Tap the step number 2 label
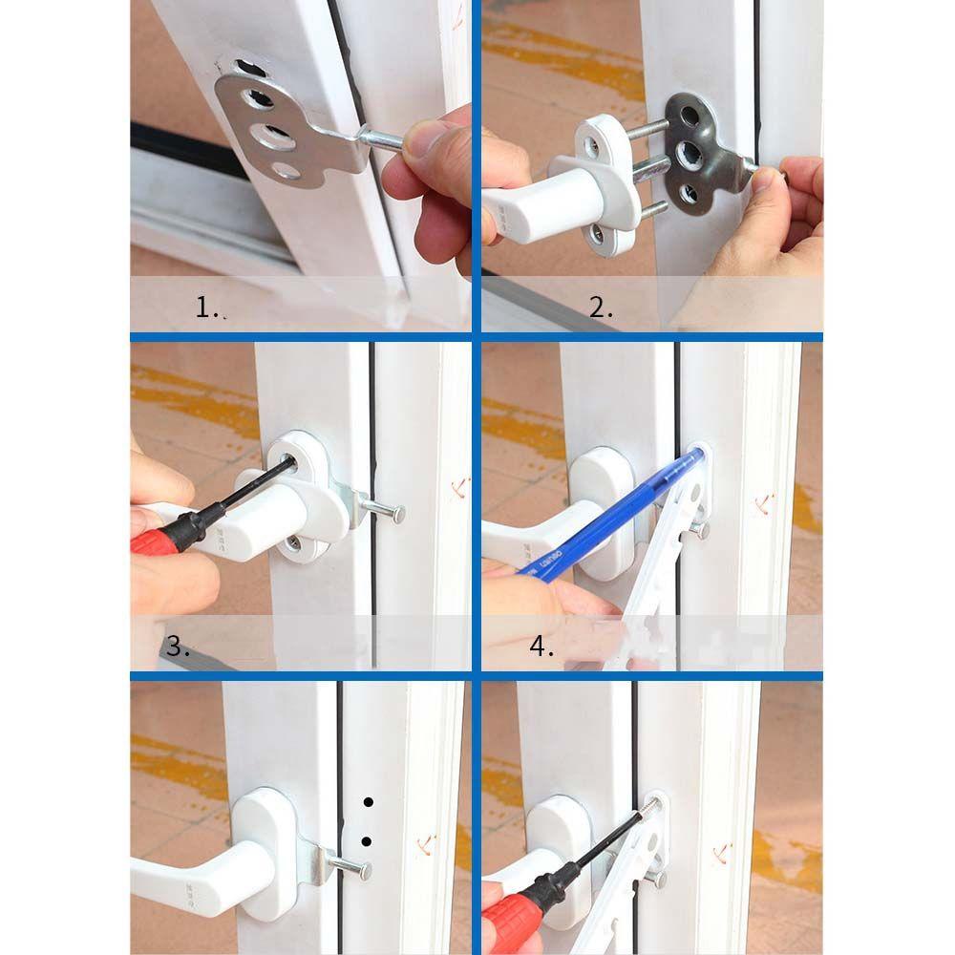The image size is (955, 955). click(x=600, y=307)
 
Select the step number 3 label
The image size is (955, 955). click(x=178, y=646)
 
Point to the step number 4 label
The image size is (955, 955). click(x=541, y=646)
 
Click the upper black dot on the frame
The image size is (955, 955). click(x=368, y=801)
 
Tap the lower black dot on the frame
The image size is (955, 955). click(x=367, y=841)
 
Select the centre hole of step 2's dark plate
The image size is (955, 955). click(x=688, y=153)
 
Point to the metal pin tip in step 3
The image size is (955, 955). click(x=397, y=514)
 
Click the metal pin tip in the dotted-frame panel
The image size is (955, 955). click(x=368, y=870)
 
